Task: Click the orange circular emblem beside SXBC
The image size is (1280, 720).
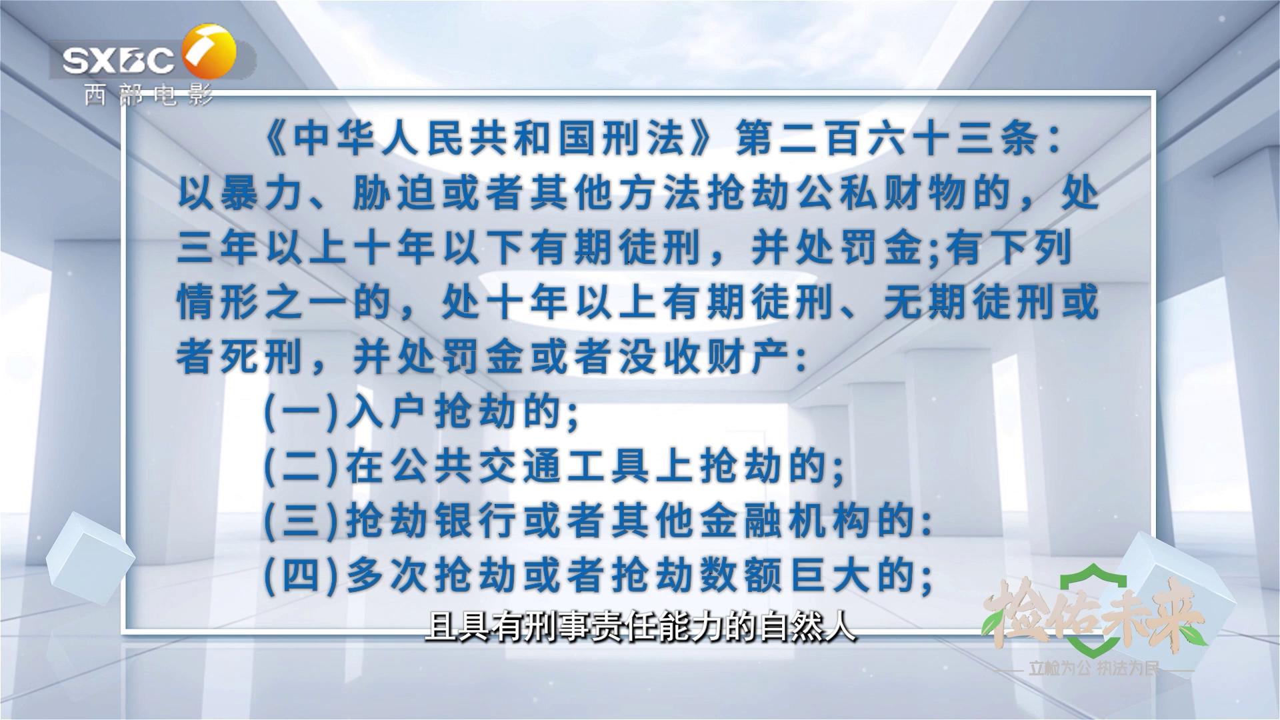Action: (x=209, y=51)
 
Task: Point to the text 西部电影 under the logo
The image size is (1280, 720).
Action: (x=148, y=96)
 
